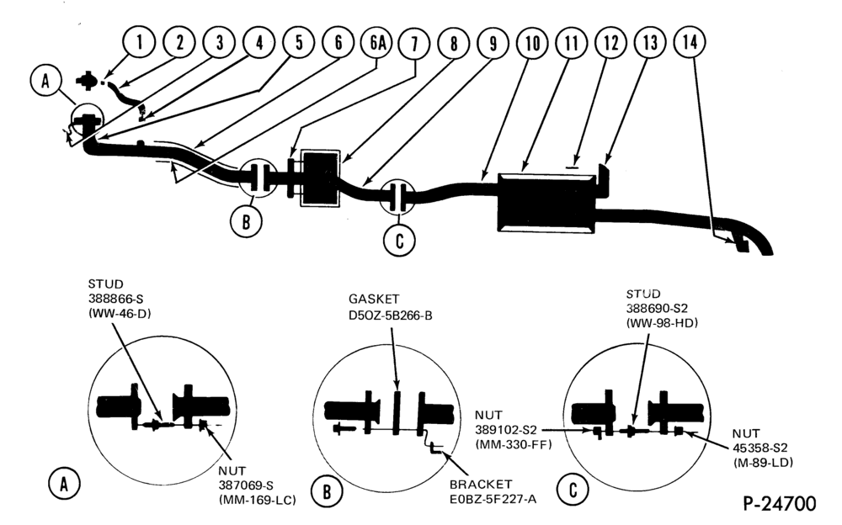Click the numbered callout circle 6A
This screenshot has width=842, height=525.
point(378,43)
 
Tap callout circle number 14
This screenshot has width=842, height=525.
point(690,42)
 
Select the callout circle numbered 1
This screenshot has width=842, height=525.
point(139,42)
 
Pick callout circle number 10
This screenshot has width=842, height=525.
point(532,43)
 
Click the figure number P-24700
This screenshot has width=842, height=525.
point(780,503)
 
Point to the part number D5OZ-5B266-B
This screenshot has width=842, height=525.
point(391,316)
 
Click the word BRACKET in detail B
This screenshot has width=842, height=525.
point(481,485)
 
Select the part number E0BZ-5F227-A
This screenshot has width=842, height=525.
point(493,499)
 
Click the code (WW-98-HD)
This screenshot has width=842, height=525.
point(662,323)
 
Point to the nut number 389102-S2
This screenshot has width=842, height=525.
point(505,430)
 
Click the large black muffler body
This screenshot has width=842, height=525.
point(547,203)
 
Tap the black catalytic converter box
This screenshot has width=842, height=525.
point(320,178)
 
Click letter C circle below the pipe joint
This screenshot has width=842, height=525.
point(399,240)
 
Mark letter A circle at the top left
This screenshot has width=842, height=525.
point(46,81)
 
